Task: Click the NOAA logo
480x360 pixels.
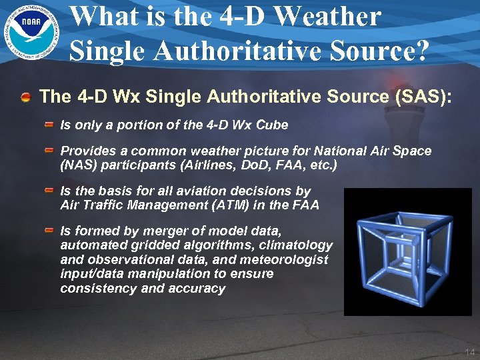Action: tap(30, 31)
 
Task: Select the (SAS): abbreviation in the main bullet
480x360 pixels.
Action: tap(423, 97)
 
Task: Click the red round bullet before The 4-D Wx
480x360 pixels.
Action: tap(25, 97)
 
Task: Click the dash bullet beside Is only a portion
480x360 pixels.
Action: tap(49, 125)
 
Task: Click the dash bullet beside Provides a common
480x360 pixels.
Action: tap(49, 151)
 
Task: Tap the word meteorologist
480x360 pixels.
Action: tap(291, 260)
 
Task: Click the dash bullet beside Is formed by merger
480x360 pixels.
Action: tap(49, 231)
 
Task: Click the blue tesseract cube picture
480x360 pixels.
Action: tap(407, 251)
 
